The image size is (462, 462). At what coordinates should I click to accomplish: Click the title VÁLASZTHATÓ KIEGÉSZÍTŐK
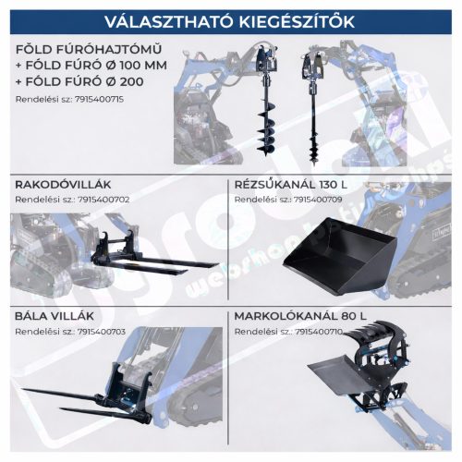[x=230, y=19]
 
